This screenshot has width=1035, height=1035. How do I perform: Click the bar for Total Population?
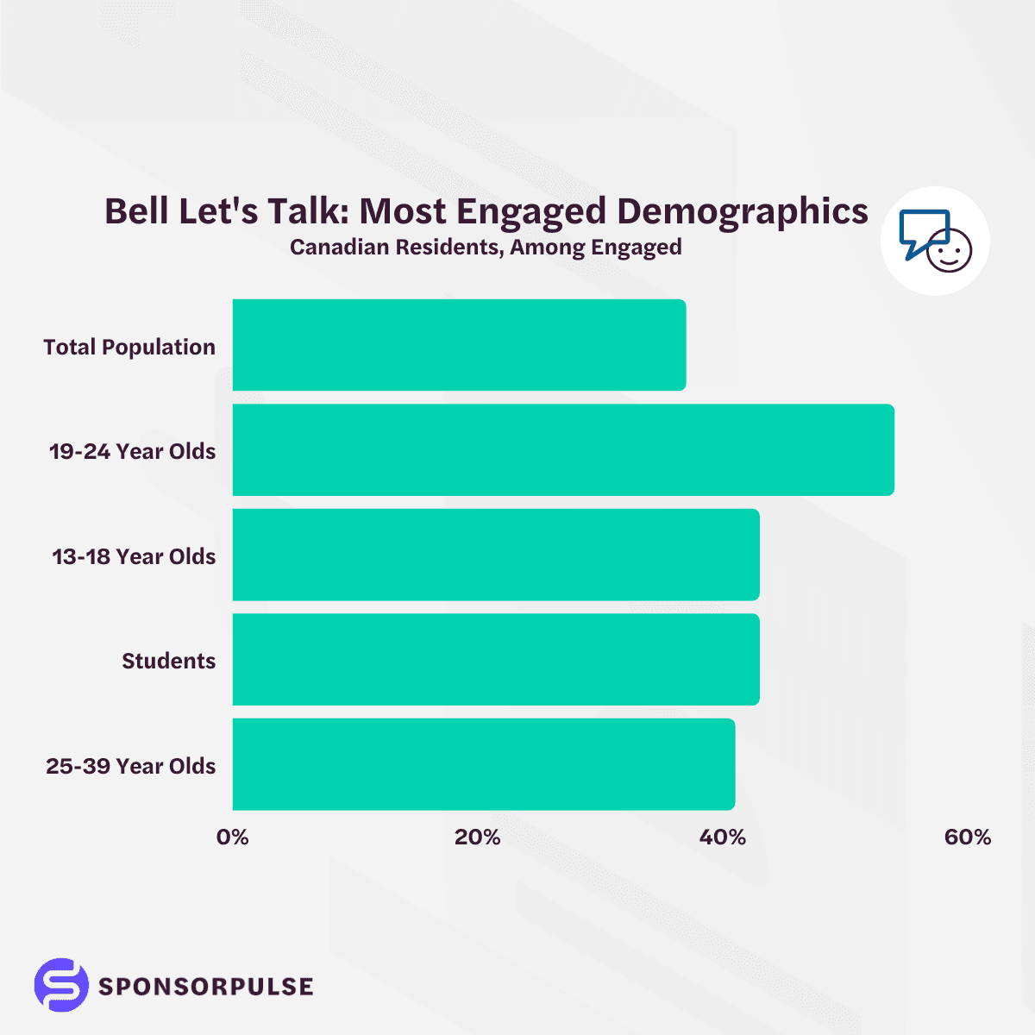coord(459,345)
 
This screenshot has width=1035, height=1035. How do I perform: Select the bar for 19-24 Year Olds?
coord(563,450)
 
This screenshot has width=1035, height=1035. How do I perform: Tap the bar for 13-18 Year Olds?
coord(496,555)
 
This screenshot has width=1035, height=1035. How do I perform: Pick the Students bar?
coord(496,660)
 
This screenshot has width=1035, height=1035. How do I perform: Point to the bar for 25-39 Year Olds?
coord(484,764)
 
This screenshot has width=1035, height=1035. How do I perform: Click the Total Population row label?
coord(129,347)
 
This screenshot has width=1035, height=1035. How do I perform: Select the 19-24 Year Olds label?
coord(132,451)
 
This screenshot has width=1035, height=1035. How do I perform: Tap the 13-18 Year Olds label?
coord(134,556)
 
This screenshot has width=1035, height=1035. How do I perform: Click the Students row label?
coord(168,661)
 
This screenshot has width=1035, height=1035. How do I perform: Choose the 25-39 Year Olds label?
coord(131,766)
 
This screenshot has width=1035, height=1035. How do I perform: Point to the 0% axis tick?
coord(232,837)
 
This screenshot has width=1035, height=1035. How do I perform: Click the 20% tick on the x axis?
coord(477,837)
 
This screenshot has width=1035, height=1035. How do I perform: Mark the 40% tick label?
coord(722,837)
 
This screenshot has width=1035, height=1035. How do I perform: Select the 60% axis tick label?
coord(967,837)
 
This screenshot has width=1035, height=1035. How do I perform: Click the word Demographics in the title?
coord(743,211)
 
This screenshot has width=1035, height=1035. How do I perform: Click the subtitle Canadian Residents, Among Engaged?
coord(486,248)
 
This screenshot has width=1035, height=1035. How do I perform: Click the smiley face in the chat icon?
coord(949,251)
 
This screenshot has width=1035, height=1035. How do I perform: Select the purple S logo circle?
coord(61,984)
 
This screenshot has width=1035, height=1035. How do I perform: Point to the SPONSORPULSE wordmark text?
coord(205,986)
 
